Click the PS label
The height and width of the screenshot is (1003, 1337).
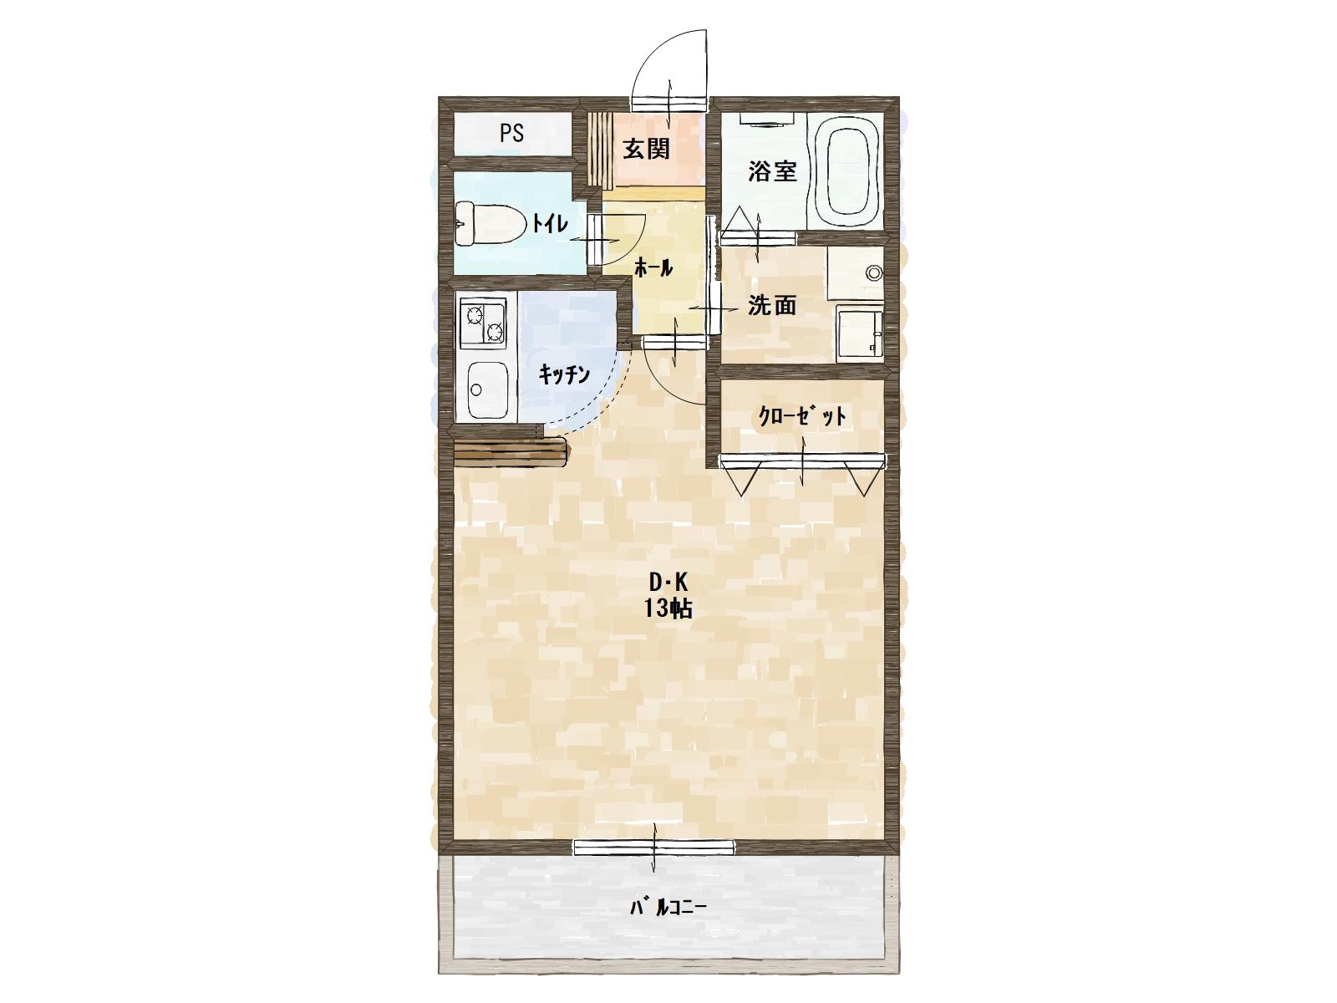pyautogui.click(x=511, y=134)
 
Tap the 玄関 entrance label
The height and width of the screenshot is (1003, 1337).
pyautogui.click(x=646, y=149)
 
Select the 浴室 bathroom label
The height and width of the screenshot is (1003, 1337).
pyautogui.click(x=772, y=171)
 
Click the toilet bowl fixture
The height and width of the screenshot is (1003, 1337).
pyautogui.click(x=491, y=223)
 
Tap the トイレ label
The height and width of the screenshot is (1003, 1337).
pyautogui.click(x=550, y=223)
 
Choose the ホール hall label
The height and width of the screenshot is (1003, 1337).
pyautogui.click(x=653, y=267)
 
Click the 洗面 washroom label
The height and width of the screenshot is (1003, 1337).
pyautogui.click(x=772, y=305)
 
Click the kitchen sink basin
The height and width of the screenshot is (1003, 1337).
pyautogui.click(x=487, y=389)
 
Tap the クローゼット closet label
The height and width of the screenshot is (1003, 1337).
pyautogui.click(x=802, y=416)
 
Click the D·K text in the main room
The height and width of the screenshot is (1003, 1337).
pyautogui.click(x=668, y=583)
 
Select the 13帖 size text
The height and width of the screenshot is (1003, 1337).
pyautogui.click(x=668, y=608)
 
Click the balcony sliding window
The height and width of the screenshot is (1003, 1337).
pyautogui.click(x=654, y=848)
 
